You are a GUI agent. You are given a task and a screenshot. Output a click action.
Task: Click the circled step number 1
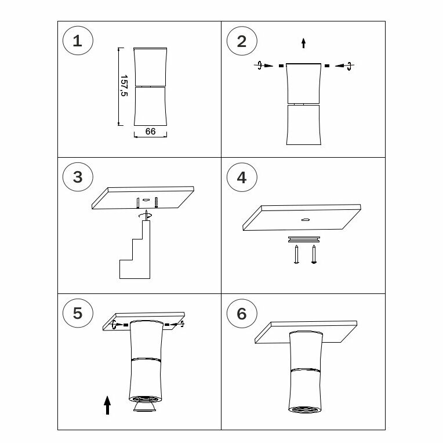[78, 41]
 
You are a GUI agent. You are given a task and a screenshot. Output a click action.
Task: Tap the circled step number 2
[242, 41]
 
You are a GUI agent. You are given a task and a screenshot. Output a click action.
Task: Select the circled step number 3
[78, 177]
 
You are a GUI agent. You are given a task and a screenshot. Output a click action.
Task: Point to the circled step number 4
[242, 177]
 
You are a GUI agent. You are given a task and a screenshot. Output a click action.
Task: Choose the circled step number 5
[78, 313]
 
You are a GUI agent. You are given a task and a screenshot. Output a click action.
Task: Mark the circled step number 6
[242, 314]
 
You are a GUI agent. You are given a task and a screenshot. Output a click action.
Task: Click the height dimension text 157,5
[124, 86]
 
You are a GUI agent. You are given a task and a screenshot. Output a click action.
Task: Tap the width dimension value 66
[150, 132]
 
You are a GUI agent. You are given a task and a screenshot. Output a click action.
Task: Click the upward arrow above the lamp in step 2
[303, 43]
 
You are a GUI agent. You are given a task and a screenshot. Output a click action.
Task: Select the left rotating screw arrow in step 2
[264, 66]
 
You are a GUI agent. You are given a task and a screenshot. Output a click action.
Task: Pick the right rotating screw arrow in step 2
[344, 66]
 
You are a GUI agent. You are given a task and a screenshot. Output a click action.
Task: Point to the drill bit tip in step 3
[146, 210]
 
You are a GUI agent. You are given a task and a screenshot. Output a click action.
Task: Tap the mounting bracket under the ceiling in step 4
[304, 239]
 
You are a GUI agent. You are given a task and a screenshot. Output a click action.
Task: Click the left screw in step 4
[296, 255]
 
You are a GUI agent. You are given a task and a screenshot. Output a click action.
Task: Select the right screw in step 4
[314, 255]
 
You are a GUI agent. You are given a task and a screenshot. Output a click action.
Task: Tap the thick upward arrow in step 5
[107, 405]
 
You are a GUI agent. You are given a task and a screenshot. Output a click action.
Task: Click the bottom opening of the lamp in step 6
[305, 409]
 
